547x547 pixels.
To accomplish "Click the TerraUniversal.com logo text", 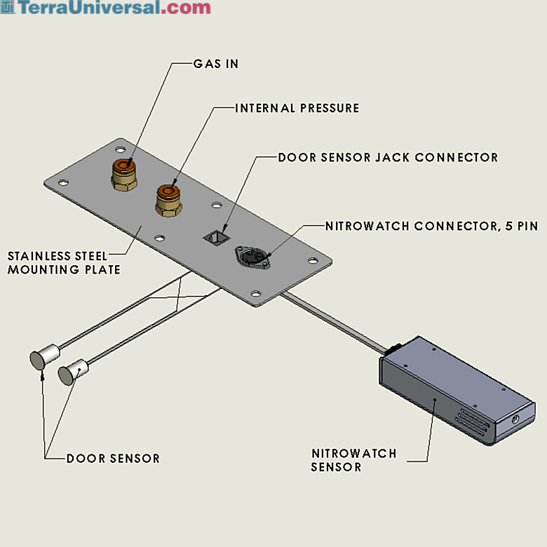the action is tap(114, 7).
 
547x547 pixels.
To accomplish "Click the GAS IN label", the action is tap(216, 64).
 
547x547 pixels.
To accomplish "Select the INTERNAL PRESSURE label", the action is tap(297, 108).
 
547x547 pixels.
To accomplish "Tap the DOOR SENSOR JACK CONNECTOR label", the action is tap(388, 157).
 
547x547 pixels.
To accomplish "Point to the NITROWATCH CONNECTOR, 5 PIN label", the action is tap(431, 226).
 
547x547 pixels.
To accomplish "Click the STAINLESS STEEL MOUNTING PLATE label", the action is tap(64, 263).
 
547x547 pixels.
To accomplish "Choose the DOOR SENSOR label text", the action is tap(113, 458).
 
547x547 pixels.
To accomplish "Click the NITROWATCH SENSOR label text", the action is tap(353, 460).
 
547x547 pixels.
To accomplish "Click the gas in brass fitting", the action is tap(124, 174).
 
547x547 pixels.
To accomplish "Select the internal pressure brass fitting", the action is tap(168, 201).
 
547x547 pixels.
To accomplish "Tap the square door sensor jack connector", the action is tap(216, 238).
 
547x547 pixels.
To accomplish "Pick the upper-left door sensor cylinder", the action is tap(45, 356).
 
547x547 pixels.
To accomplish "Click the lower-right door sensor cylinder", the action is tap(73, 372).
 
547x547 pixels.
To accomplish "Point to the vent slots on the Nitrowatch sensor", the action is tap(473, 423).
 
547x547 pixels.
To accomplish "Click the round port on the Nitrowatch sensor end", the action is tap(515, 419).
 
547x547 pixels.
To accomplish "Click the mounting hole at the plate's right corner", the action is tap(313, 261).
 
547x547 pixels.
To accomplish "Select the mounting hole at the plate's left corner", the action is tap(63, 182).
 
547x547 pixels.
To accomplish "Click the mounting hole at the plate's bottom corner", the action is tap(256, 293).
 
